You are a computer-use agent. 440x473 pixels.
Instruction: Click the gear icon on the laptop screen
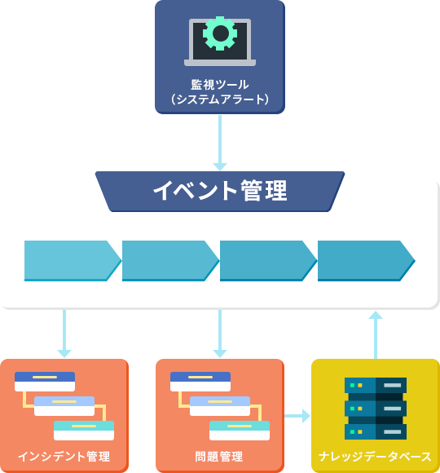(x=220, y=34)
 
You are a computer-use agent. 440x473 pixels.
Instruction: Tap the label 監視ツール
(x=220, y=84)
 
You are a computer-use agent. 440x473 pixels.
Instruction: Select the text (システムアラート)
(x=220, y=99)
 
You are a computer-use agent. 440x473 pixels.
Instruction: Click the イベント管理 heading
(x=220, y=191)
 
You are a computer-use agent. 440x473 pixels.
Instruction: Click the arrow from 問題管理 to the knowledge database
(x=297, y=416)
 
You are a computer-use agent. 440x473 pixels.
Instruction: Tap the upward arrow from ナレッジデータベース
(x=375, y=334)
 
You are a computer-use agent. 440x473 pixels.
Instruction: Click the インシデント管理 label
(x=64, y=456)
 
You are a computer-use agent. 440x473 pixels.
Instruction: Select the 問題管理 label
(x=219, y=456)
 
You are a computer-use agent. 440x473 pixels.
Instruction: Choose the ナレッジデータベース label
(x=376, y=456)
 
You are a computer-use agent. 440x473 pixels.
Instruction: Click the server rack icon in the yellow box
(x=376, y=408)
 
